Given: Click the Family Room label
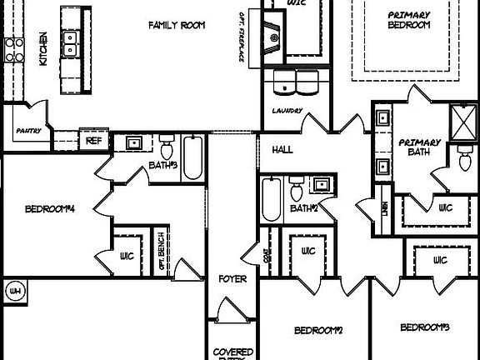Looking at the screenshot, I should click(177, 25).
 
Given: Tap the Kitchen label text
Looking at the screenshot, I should click(42, 48).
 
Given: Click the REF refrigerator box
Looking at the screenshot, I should click(93, 141).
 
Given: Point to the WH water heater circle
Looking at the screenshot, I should click(15, 291).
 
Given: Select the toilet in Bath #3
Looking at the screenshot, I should click(166, 150).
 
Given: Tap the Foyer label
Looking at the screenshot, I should click(232, 278).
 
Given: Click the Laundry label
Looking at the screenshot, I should click(286, 110).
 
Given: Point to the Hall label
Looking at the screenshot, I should click(282, 149).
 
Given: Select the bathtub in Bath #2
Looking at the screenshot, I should click(271, 200).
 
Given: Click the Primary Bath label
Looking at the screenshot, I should click(418, 147).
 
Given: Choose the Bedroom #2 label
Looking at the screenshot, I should click(318, 330).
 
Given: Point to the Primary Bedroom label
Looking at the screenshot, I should click(408, 20).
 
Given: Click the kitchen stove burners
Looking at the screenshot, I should click(13, 52).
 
